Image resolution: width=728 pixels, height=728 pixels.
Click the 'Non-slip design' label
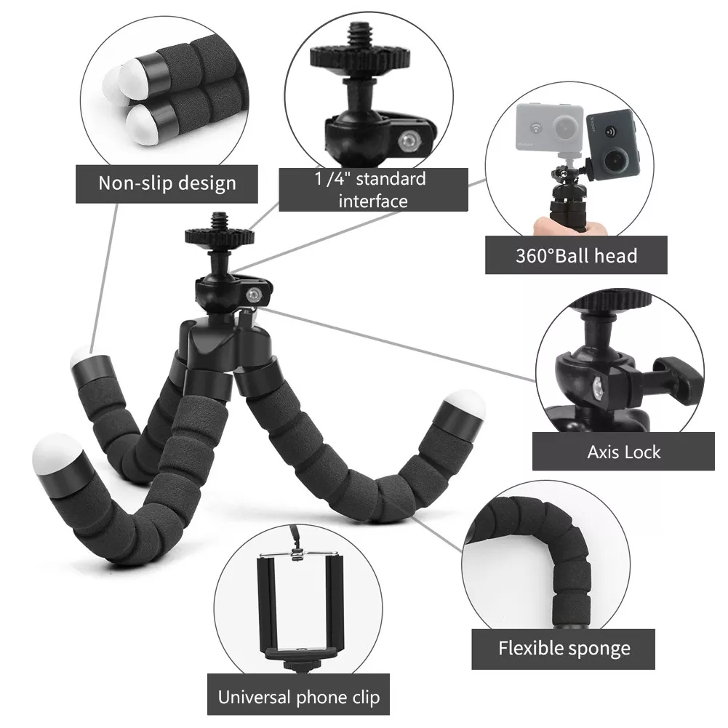point(167,183)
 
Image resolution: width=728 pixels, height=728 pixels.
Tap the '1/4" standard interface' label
point(373,189)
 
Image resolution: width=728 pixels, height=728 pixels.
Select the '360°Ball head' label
point(576,255)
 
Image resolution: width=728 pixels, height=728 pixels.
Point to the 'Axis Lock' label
point(623,452)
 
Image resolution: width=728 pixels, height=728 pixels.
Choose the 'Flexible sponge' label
point(563,649)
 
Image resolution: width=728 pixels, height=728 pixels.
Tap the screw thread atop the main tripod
point(219,221)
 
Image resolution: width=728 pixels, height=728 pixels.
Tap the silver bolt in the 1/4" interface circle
point(409,140)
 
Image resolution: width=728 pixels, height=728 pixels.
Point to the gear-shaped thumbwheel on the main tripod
point(219,237)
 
